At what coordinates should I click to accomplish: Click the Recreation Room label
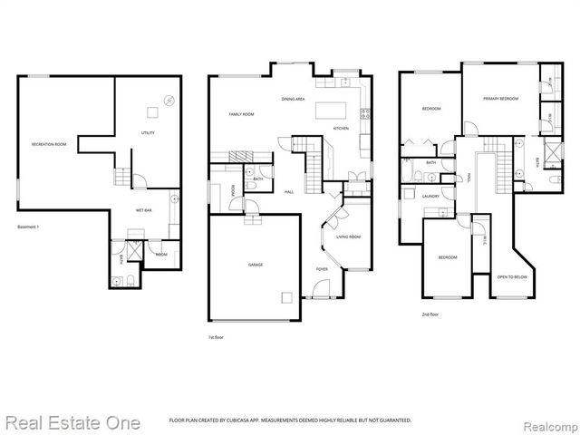(49, 145)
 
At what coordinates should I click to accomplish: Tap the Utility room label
(148, 133)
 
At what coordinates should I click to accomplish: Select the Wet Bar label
(143, 209)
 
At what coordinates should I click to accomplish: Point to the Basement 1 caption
(28, 227)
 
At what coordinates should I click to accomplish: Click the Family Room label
(241, 114)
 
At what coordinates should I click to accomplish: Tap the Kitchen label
(341, 129)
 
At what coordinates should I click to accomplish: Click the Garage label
(256, 265)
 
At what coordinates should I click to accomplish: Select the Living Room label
(348, 237)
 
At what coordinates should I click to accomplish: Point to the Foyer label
(322, 269)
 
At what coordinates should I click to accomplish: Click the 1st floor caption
(217, 337)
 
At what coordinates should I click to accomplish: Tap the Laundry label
(430, 196)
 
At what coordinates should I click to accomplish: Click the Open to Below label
(512, 276)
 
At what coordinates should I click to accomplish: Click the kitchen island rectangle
(326, 111)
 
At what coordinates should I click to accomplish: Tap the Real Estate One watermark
(72, 422)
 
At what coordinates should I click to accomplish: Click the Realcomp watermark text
(549, 423)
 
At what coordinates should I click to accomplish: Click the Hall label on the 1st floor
(288, 192)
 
